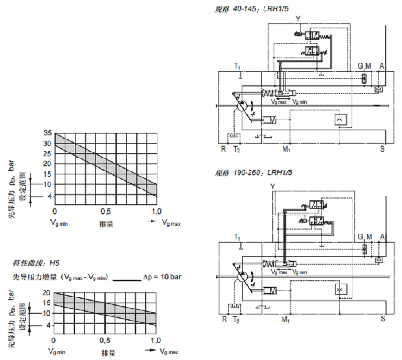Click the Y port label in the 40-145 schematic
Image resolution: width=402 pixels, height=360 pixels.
tap(298, 18)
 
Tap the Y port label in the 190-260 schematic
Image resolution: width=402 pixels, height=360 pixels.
tap(273, 186)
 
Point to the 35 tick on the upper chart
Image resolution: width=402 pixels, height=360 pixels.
tap(48, 133)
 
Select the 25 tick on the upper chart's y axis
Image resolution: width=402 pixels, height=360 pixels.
tap(48, 154)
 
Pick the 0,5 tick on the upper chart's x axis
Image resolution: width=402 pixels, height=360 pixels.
tap(106, 212)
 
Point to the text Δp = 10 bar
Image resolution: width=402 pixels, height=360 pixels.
tap(162, 277)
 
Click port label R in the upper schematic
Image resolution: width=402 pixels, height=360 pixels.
tap(223, 149)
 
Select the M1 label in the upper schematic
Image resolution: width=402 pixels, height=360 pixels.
tap(286, 149)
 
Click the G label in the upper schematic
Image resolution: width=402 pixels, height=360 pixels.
tap(360, 66)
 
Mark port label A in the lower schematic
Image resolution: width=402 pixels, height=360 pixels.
tap(382, 237)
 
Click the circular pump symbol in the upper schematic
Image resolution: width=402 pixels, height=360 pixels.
tap(241, 106)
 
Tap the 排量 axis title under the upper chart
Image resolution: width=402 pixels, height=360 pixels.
tap(106, 224)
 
